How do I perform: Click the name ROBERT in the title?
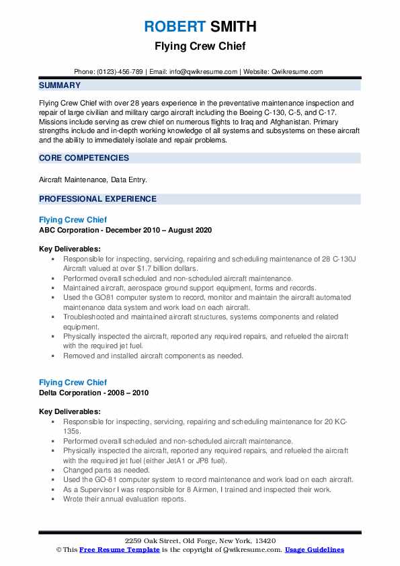[x=174, y=26]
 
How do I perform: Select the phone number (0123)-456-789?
[x=118, y=71]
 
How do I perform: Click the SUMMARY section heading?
[x=60, y=85]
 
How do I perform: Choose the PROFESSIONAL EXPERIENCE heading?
[x=97, y=199]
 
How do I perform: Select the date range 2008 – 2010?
[x=130, y=393]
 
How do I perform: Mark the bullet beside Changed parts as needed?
[x=53, y=471]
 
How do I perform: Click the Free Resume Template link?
[x=120, y=550]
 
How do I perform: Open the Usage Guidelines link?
[x=315, y=550]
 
